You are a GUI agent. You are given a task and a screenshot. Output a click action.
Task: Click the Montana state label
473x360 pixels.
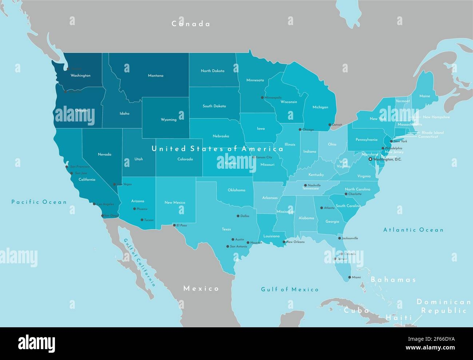coord(155,76)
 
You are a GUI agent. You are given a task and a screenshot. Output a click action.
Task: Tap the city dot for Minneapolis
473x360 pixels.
coord(262,97)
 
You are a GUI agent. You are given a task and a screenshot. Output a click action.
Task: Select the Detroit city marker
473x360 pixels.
coord(330,124)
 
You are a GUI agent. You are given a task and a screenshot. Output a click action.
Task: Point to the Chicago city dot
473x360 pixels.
coord(300,129)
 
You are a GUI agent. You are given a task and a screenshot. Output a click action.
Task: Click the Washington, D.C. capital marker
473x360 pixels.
coord(370,159)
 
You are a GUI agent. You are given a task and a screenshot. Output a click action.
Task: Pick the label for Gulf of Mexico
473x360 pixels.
coord(290,289)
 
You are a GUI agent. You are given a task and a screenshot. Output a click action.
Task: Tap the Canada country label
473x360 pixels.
coord(191,24)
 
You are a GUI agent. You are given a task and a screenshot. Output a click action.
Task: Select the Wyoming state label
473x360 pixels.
coord(168,120)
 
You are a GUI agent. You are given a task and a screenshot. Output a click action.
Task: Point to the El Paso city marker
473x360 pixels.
coord(174,225)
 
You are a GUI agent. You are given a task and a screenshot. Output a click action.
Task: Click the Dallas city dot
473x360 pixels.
coord(238,216)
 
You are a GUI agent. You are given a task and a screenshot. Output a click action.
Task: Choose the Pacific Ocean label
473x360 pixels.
coord(39,202)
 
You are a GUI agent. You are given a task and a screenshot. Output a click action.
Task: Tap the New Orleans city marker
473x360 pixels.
coord(284,242)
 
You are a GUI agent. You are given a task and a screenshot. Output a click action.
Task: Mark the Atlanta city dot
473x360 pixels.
coord(322,208)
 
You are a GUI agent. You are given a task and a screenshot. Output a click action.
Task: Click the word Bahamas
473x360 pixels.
coord(393,280)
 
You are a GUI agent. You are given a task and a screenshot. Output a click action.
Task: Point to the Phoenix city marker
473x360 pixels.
coord(134,209)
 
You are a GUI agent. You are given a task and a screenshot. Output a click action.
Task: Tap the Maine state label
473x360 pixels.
coord(424,96)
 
